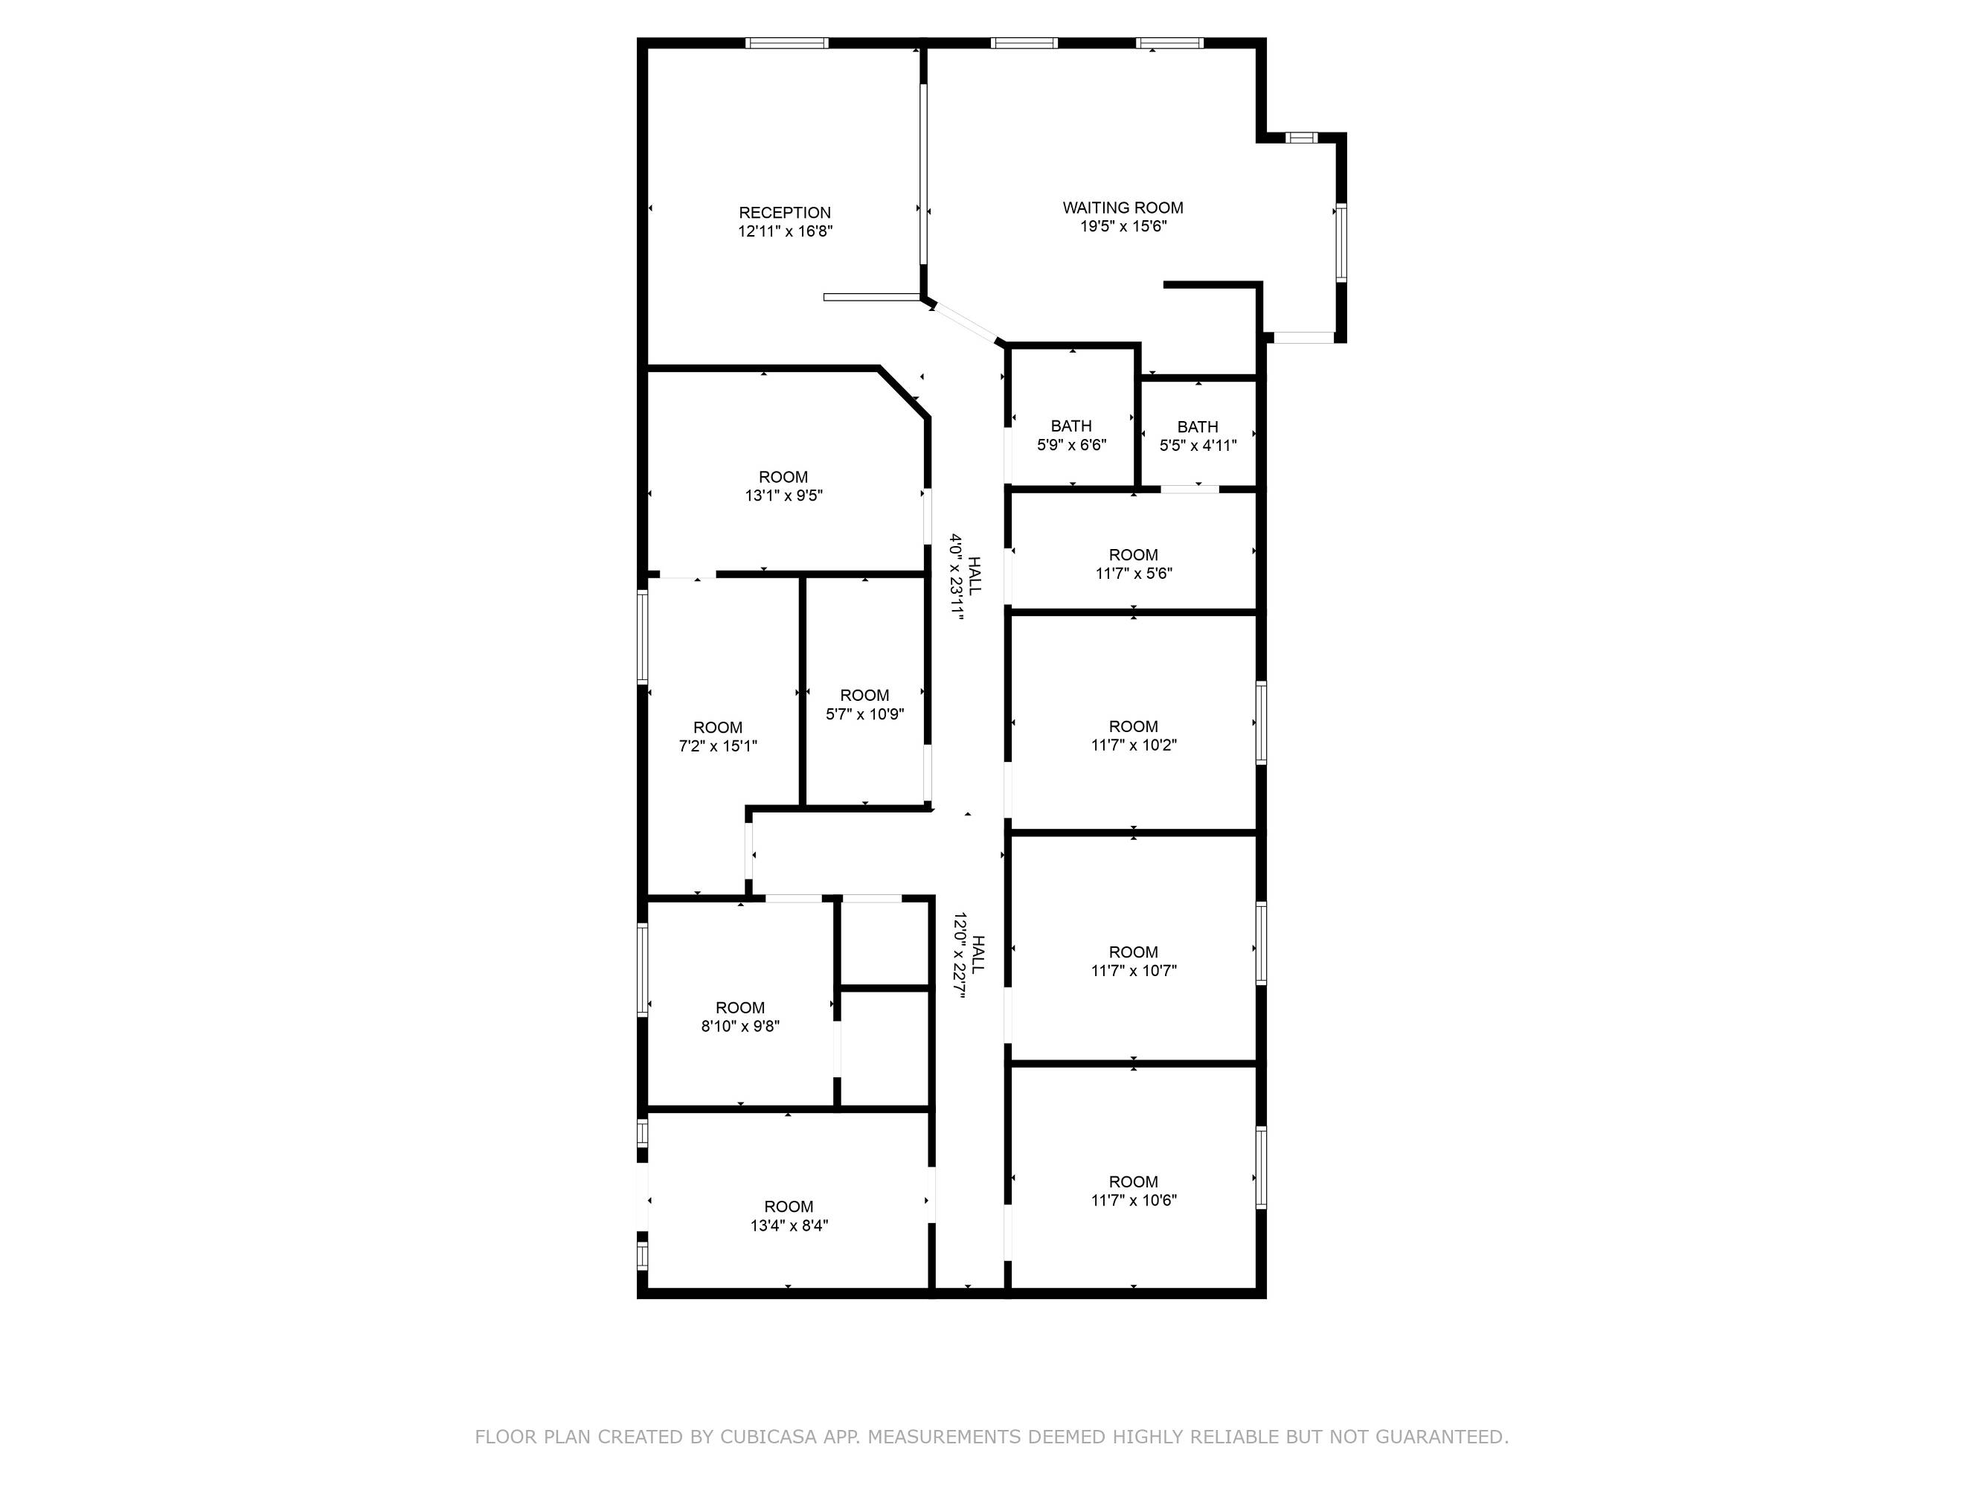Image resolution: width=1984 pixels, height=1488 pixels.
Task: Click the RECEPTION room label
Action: (x=785, y=213)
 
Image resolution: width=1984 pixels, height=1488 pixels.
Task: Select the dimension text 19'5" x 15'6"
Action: (x=1123, y=226)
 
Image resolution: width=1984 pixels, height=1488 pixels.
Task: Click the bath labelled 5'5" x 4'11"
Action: (x=1198, y=436)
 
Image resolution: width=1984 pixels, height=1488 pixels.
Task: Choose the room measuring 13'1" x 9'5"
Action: (x=784, y=486)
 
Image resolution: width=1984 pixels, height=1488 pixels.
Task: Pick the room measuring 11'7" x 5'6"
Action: (x=1134, y=564)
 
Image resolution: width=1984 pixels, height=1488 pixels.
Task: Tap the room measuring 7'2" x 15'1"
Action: (x=719, y=737)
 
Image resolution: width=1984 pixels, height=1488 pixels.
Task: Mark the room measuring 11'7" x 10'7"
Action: (x=1134, y=961)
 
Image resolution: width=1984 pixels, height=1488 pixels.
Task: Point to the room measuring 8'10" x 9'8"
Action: (x=741, y=1017)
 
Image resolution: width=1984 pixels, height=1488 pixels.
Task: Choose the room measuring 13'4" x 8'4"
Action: (x=789, y=1216)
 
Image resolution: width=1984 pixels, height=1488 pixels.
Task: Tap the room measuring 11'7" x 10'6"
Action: (x=1134, y=1191)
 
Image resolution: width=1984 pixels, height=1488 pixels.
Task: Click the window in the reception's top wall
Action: (x=786, y=42)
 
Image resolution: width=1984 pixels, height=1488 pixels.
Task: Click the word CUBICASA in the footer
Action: (x=768, y=1437)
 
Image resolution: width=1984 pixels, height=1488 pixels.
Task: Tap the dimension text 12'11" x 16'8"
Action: (x=786, y=231)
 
